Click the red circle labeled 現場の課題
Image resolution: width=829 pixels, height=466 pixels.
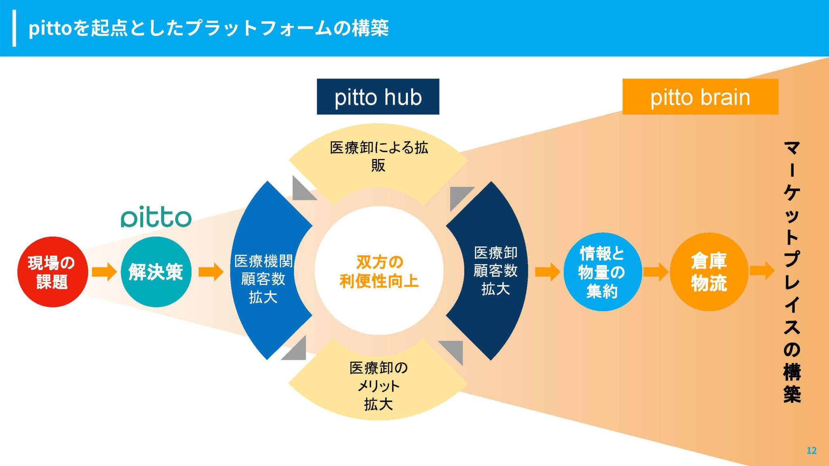pyautogui.click(x=52, y=272)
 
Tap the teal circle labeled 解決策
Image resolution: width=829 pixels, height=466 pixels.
pyautogui.click(x=156, y=272)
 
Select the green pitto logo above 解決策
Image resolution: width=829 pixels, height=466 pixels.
pyautogui.click(x=156, y=217)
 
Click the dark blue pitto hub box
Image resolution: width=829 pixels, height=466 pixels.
pyautogui.click(x=378, y=97)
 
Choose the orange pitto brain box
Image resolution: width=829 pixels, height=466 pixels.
pyautogui.click(x=700, y=97)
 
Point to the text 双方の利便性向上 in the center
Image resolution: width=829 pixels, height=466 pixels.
pyautogui.click(x=379, y=271)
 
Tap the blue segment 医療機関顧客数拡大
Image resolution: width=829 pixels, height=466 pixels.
pyautogui.click(x=263, y=279)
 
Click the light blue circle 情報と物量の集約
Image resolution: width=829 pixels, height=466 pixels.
pyautogui.click(x=602, y=272)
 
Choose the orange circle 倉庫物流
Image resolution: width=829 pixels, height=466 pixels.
pyautogui.click(x=709, y=272)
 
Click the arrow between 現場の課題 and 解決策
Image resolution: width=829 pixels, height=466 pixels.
pyautogui.click(x=104, y=271)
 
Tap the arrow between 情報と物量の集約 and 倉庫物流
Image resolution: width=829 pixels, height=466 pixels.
pyautogui.click(x=655, y=271)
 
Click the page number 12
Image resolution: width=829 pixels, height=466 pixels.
pyautogui.click(x=811, y=451)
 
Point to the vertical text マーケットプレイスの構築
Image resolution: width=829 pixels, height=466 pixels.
pyautogui.click(x=792, y=271)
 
